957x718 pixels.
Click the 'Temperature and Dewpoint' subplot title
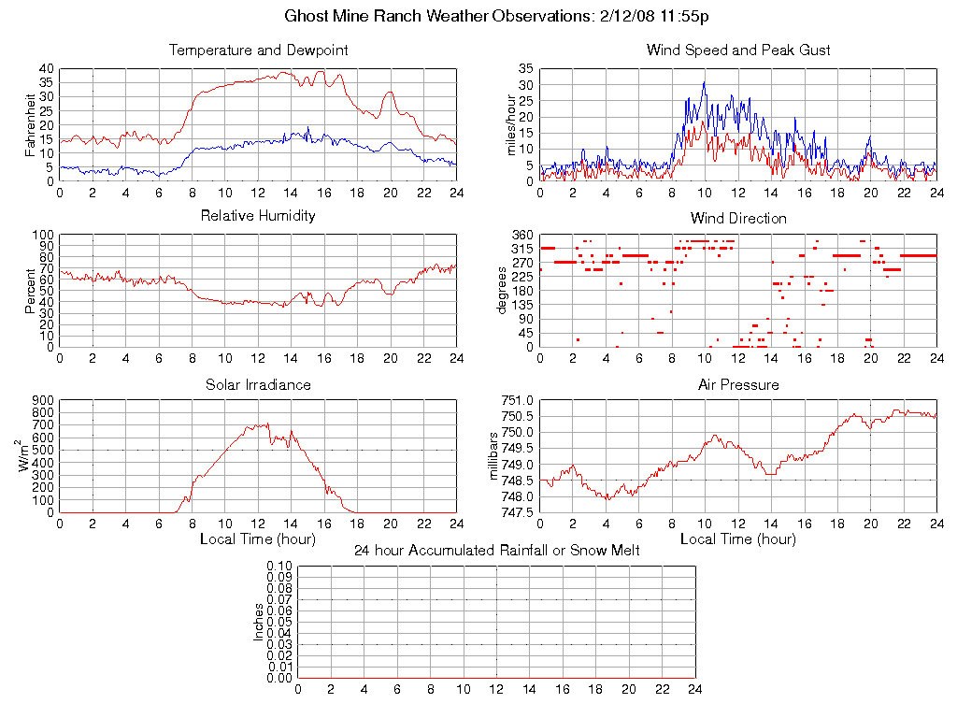[x=258, y=50]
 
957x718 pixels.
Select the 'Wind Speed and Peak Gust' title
[x=738, y=50]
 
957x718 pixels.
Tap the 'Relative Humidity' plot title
[x=258, y=216]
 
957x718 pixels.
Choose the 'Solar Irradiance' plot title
[x=258, y=384]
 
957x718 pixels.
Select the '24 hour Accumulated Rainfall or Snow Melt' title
[x=497, y=551]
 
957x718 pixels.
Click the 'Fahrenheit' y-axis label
[x=30, y=125]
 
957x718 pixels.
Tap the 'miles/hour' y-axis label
[x=510, y=125]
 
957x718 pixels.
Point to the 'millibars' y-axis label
[x=495, y=456]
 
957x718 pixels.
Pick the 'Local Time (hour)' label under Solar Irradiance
[x=258, y=539]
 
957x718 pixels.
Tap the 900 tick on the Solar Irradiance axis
[x=43, y=400]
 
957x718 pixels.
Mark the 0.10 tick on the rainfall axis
[x=280, y=566]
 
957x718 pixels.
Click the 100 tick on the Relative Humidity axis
[x=43, y=235]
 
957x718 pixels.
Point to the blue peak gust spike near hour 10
[x=704, y=82]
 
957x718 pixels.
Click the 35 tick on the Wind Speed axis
[x=526, y=69]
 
